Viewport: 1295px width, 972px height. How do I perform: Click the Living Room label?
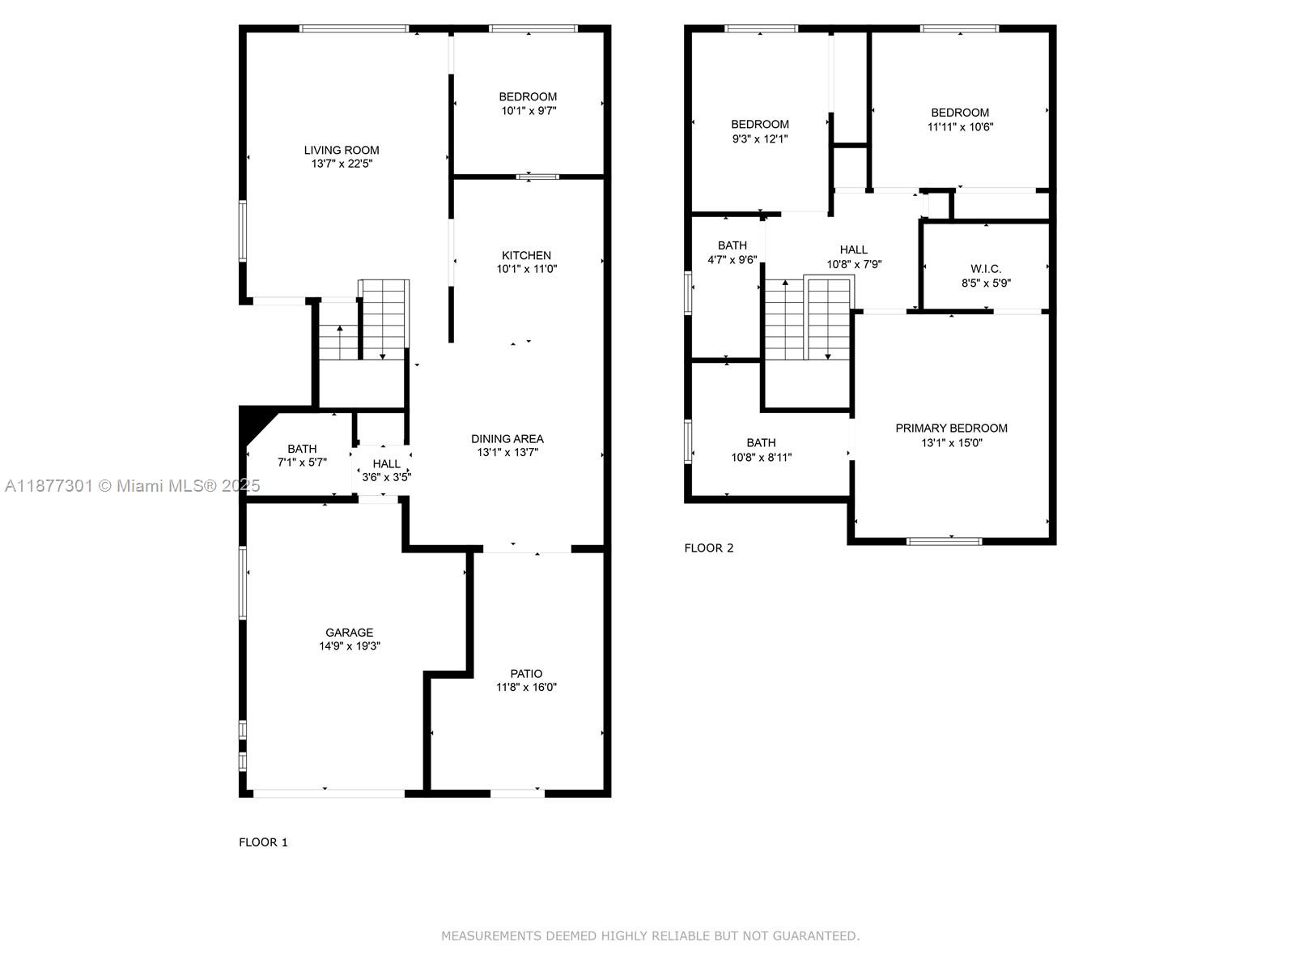(x=342, y=151)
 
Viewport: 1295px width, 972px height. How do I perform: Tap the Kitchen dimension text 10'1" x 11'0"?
(x=526, y=269)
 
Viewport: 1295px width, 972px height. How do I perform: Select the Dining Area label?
(x=507, y=439)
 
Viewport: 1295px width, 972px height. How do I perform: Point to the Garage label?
(x=350, y=633)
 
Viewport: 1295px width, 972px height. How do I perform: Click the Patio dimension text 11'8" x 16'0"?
(x=526, y=687)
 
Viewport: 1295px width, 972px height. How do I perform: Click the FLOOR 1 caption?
(x=263, y=842)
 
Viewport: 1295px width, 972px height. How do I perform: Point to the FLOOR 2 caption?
(x=708, y=548)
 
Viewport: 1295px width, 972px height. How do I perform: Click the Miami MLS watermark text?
(x=132, y=486)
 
